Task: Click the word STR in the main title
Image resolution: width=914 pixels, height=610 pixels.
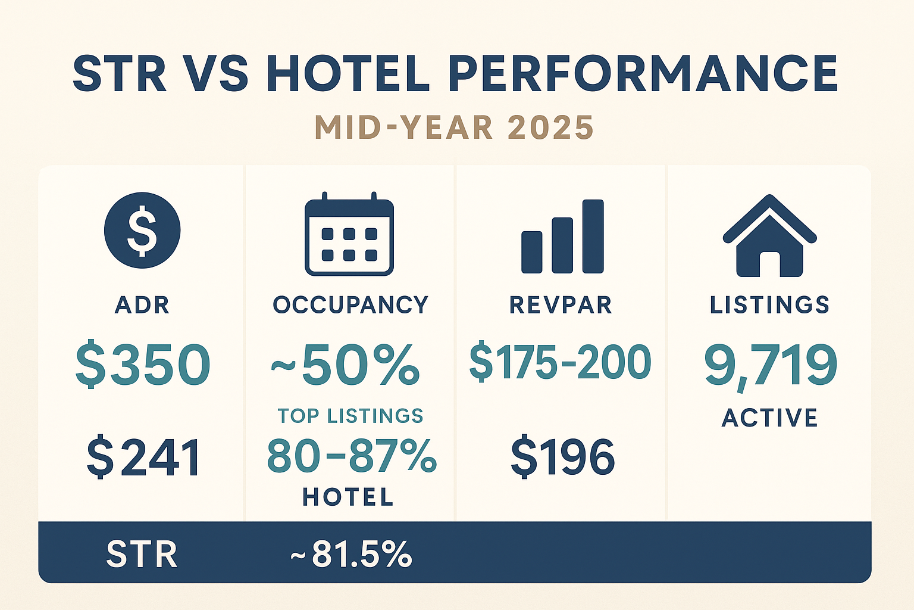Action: [x=120, y=74]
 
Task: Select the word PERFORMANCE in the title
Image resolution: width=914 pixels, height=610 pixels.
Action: [x=643, y=74]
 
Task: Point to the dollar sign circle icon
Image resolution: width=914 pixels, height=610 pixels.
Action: [x=142, y=231]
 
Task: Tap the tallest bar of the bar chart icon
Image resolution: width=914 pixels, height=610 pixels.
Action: [x=593, y=236]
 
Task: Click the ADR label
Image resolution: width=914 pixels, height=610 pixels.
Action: [x=142, y=305]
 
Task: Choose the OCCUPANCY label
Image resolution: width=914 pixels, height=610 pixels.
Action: [x=350, y=305]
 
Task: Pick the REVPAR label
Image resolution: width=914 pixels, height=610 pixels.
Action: [x=561, y=305]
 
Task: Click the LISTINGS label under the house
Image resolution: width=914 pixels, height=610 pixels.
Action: [x=769, y=305]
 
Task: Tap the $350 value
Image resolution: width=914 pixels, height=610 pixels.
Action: [x=143, y=364]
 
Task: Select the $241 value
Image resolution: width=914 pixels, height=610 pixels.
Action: [x=143, y=457]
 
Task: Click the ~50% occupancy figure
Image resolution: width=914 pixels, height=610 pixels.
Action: [x=346, y=364]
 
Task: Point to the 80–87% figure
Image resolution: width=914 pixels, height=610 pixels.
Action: [x=351, y=456]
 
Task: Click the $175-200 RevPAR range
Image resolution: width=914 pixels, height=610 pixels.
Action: [x=561, y=362]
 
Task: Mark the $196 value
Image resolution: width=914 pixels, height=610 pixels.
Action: [x=562, y=457]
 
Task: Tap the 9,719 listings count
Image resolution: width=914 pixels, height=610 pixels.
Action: [x=771, y=364]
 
